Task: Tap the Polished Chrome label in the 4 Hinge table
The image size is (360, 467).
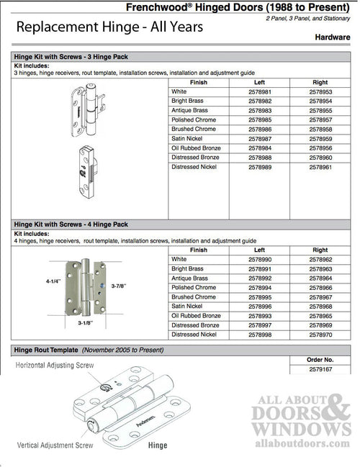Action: (x=194, y=287)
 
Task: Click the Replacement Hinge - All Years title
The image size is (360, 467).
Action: (x=109, y=27)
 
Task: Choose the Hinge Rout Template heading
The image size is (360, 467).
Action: (x=47, y=350)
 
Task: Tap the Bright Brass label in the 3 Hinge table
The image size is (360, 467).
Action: (x=189, y=101)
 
